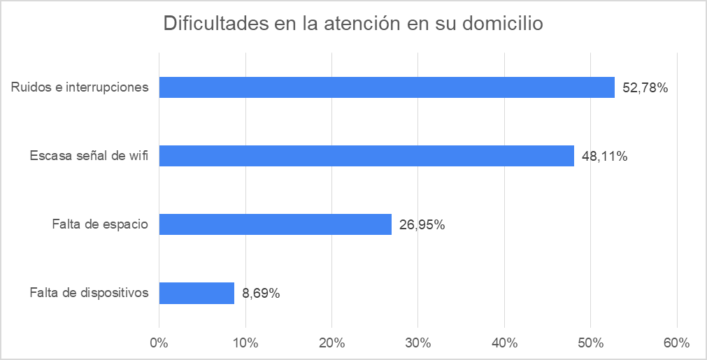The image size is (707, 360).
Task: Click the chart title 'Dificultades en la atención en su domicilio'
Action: (353, 24)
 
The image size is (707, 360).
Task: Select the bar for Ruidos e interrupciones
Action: (387, 87)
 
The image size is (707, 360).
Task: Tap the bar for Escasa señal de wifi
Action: (366, 156)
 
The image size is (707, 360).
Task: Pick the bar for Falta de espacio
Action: (275, 224)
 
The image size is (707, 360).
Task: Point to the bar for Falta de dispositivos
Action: (197, 293)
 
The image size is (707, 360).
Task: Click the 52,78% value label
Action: (645, 88)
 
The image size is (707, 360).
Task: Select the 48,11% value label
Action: (605, 157)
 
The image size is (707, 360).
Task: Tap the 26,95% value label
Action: (422, 225)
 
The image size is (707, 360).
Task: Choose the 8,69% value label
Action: (262, 294)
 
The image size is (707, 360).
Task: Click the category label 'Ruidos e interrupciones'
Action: (80, 87)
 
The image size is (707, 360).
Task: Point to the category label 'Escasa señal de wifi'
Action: (89, 156)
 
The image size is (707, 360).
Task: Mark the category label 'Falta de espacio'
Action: (100, 224)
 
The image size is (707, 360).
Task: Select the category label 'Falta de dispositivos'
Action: (89, 293)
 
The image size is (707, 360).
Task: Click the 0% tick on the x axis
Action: (159, 343)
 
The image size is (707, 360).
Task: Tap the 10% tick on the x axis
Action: (245, 343)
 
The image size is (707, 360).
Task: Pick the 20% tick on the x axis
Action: (331, 343)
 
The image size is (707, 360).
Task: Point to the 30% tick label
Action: (418, 343)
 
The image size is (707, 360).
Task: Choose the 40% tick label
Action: (504, 343)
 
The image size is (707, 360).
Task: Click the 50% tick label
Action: (590, 343)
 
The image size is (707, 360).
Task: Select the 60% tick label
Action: (676, 343)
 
